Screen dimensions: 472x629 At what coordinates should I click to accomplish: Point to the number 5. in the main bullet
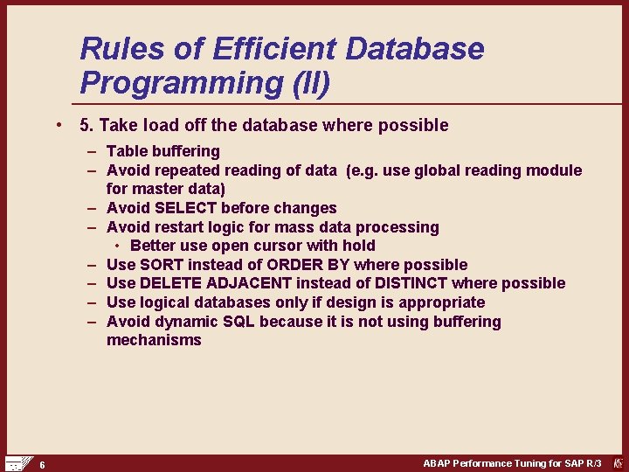pyautogui.click(x=86, y=126)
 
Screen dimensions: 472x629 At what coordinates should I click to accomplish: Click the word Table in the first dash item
pyautogui.click(x=126, y=151)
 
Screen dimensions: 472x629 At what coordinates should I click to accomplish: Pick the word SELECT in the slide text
pyautogui.click(x=185, y=208)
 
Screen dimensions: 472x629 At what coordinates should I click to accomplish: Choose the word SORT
pyautogui.click(x=161, y=265)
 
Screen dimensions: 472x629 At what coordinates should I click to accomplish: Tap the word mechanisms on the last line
pyautogui.click(x=154, y=340)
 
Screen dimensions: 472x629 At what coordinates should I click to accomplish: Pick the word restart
pyautogui.click(x=180, y=227)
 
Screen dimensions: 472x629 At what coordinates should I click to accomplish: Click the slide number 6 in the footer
pyautogui.click(x=42, y=464)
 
